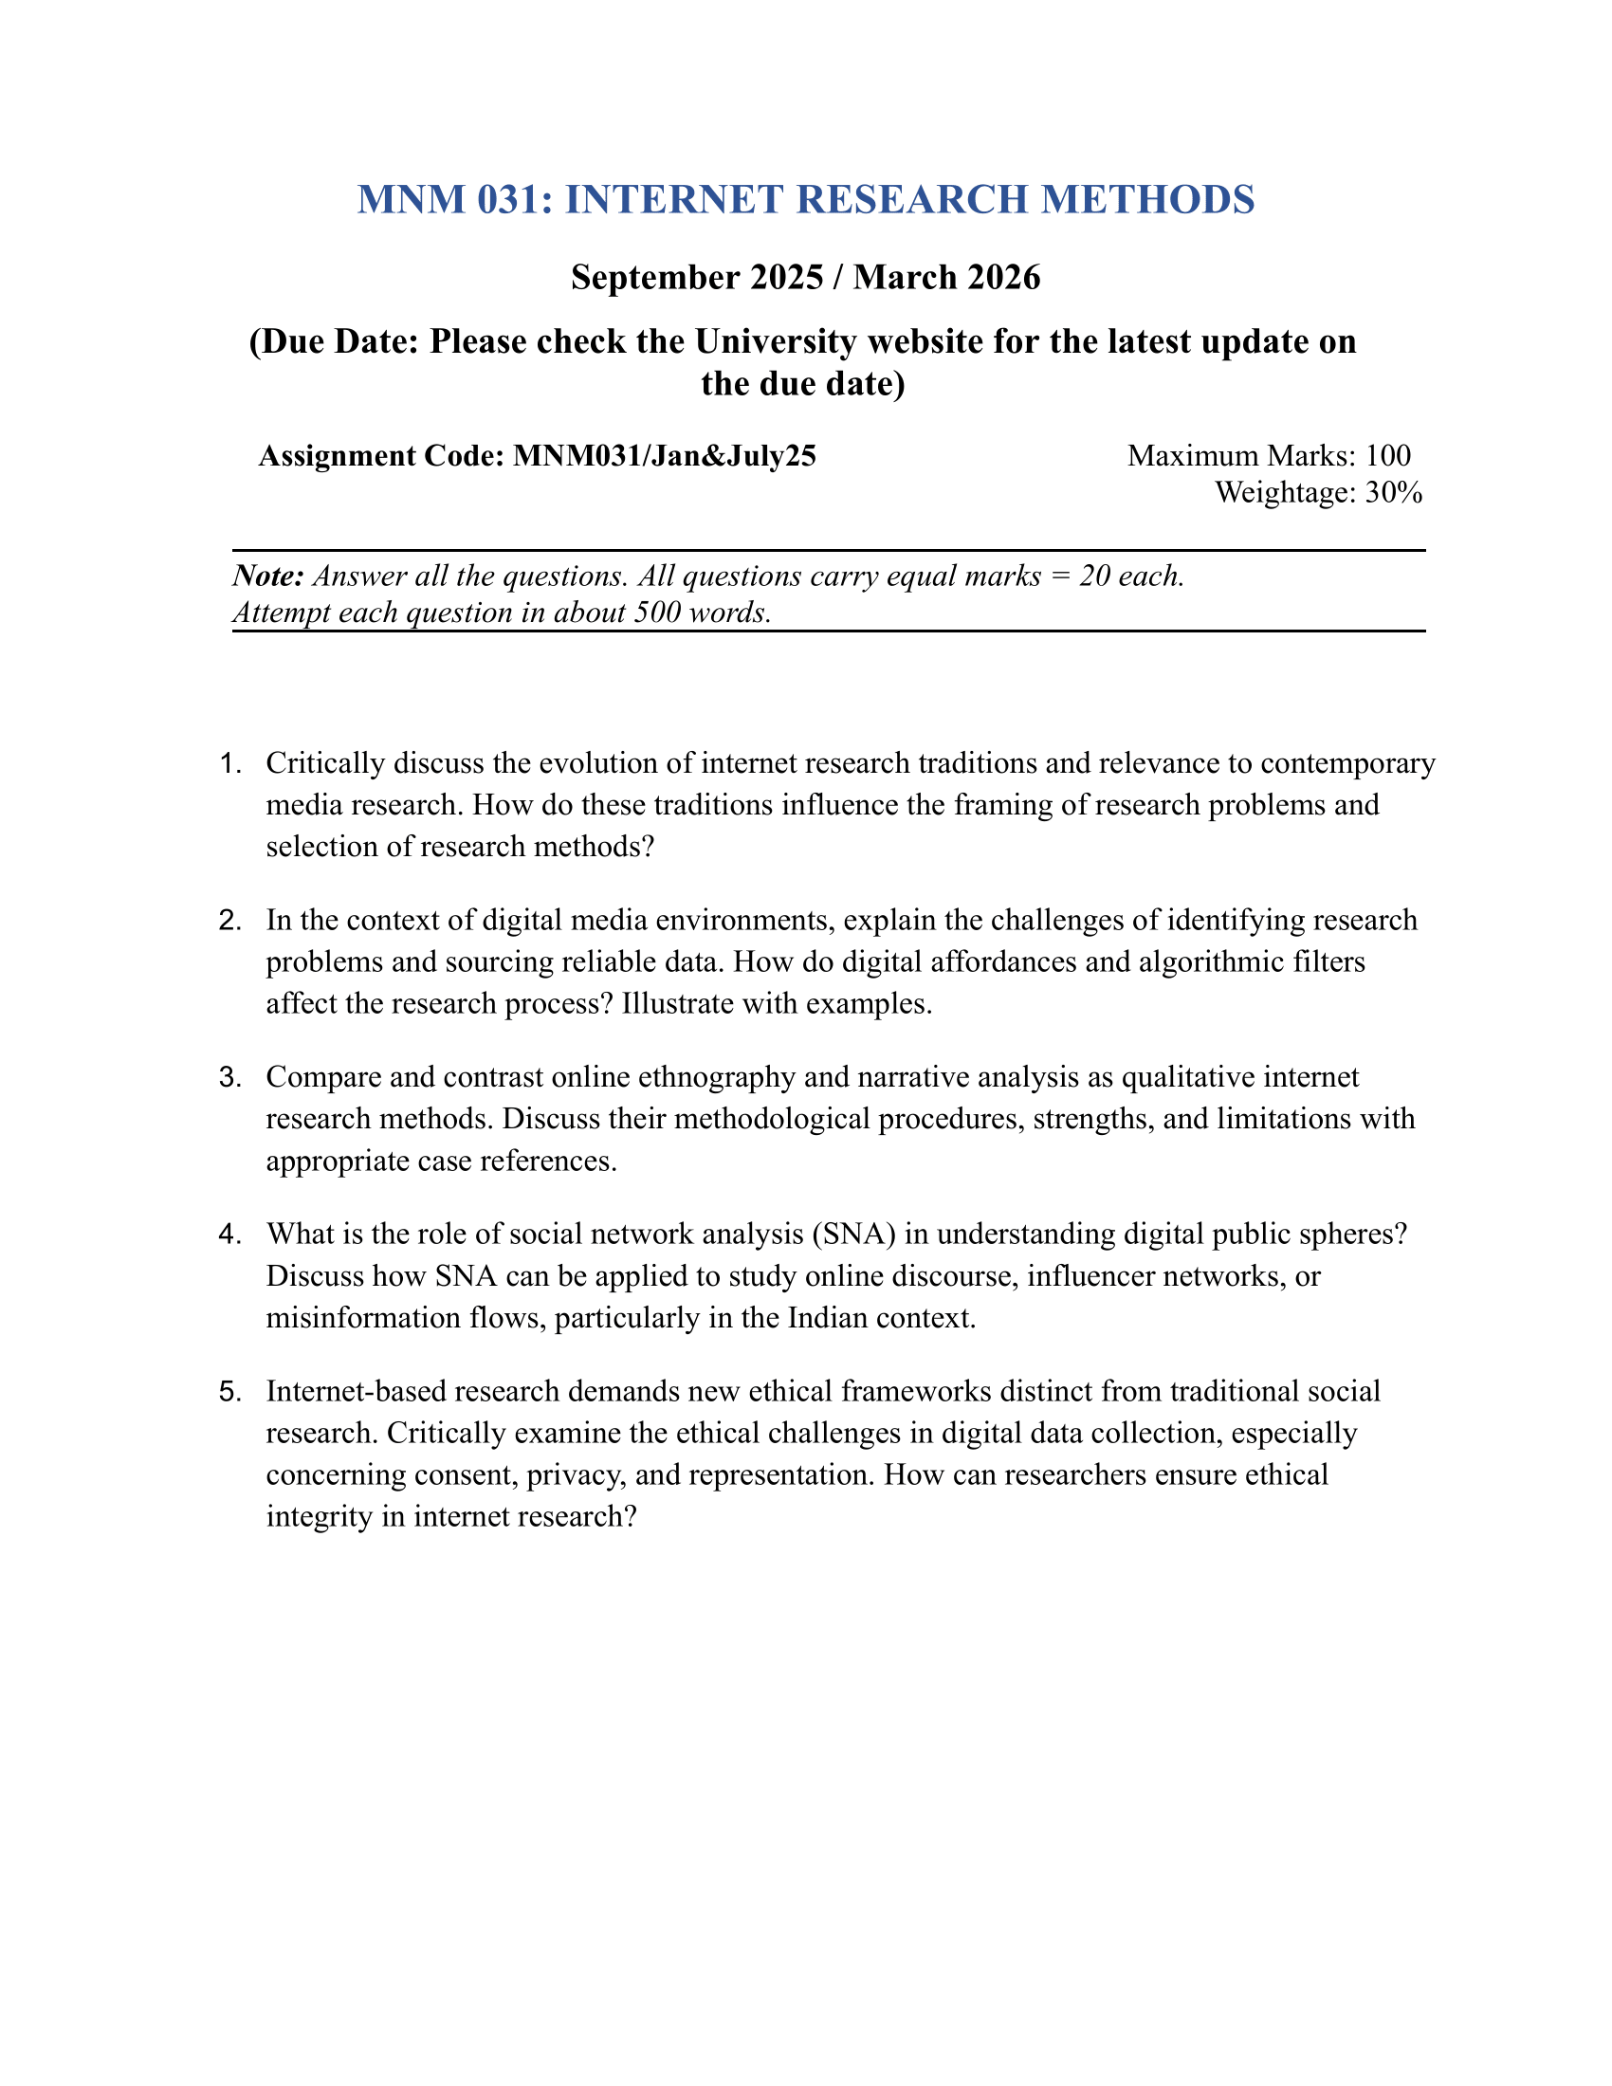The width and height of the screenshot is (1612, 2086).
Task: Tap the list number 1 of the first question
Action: coord(228,764)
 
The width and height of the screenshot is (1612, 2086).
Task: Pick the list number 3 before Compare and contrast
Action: coord(229,1077)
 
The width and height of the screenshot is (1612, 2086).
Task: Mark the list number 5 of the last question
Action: coord(229,1392)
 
